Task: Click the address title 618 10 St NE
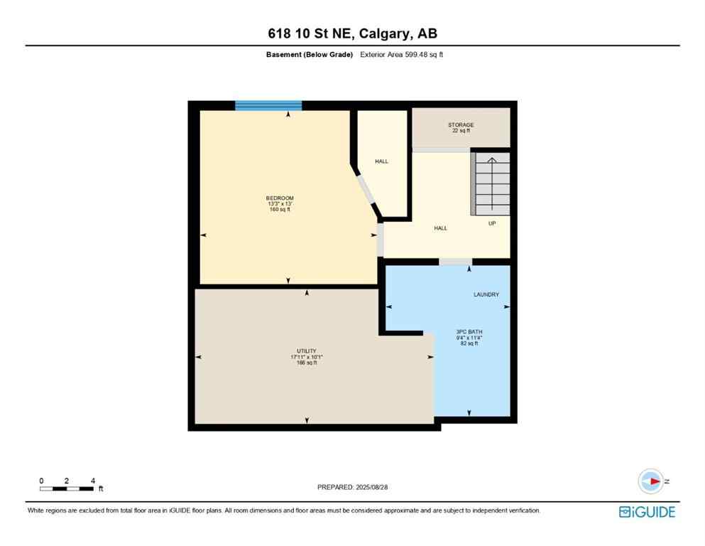click(x=352, y=34)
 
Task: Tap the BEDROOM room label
click(x=280, y=198)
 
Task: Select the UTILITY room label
click(x=307, y=351)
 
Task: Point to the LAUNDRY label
click(x=486, y=294)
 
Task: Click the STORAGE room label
click(x=461, y=125)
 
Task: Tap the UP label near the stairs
click(x=491, y=223)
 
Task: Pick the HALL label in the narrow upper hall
click(x=381, y=161)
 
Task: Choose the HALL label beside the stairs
click(x=440, y=228)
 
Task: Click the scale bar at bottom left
click(x=67, y=488)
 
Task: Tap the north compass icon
click(x=650, y=481)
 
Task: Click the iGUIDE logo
click(x=646, y=512)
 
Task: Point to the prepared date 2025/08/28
click(x=352, y=487)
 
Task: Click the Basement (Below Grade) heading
click(x=309, y=55)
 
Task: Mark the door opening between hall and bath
click(x=455, y=262)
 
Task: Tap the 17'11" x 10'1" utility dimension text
click(x=307, y=357)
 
